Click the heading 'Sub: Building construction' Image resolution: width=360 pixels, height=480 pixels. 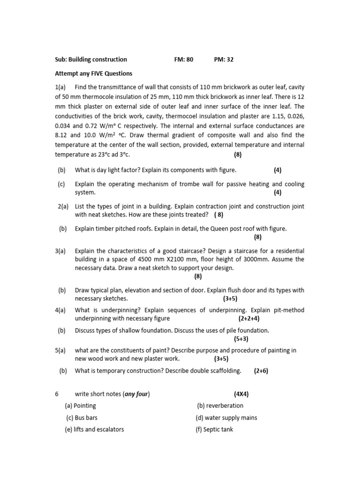pos(91,60)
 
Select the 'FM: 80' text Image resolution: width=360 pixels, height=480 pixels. pos(183,60)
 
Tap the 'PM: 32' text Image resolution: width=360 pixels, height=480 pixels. pos(224,60)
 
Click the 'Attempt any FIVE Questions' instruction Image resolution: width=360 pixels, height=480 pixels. pos(94,74)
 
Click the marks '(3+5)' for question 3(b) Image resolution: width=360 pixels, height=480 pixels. pos(230,298)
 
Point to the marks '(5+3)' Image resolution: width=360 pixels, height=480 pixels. pos(241,338)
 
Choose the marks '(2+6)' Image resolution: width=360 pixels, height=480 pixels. pos(261,371)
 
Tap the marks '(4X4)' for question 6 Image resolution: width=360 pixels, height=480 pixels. pos(241,394)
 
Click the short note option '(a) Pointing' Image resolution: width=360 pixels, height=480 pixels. pos(81,406)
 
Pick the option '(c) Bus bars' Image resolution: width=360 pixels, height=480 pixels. pos(82,418)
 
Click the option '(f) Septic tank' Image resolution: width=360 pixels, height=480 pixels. pos(214,429)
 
